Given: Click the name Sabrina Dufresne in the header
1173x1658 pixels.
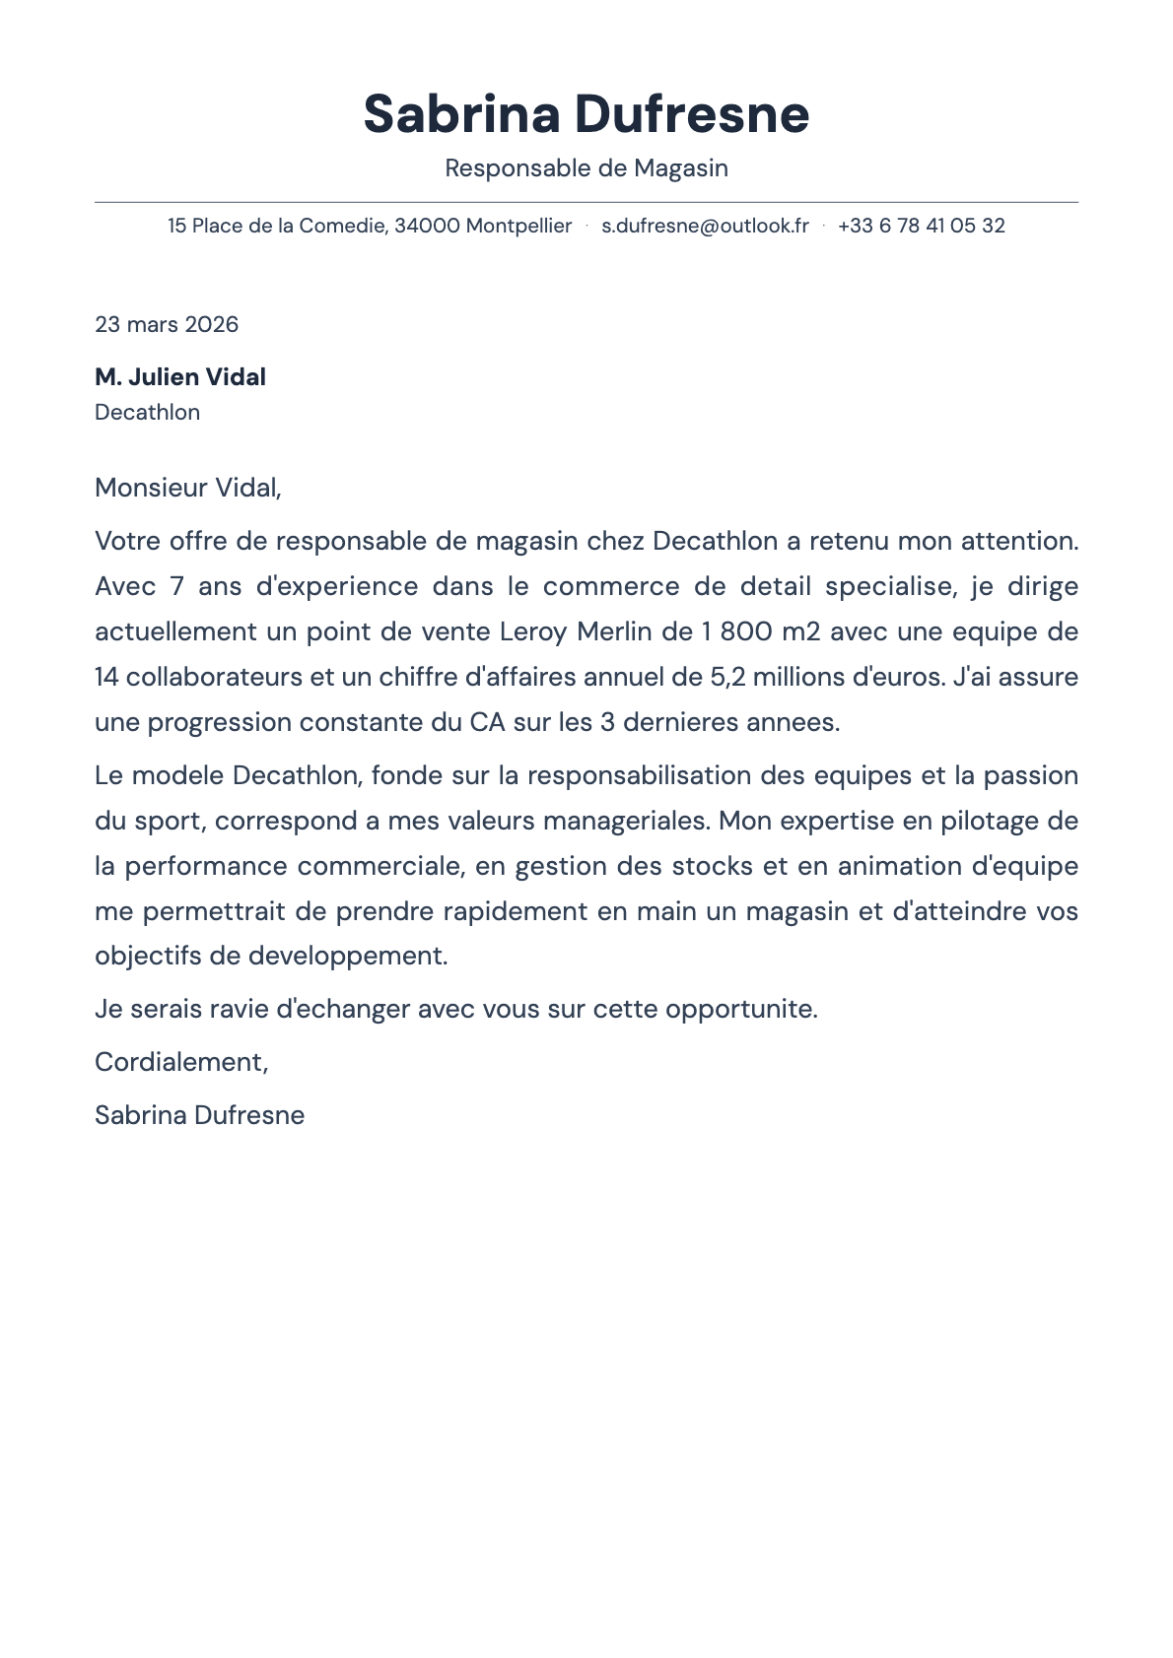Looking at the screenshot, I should click(x=586, y=114).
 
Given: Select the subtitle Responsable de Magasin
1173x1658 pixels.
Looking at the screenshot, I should click(x=586, y=168).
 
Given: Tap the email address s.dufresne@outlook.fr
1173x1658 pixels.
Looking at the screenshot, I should click(x=705, y=226).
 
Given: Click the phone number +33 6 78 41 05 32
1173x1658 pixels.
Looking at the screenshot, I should click(x=921, y=226).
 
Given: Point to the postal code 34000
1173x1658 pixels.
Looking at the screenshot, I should click(x=427, y=226).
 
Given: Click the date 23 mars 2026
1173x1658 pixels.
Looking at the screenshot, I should click(x=167, y=324).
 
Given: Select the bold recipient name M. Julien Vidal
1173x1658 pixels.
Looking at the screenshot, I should click(x=180, y=377).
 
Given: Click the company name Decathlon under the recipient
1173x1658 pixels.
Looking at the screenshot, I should click(x=147, y=413).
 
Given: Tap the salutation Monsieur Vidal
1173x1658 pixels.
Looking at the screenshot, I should click(x=187, y=488).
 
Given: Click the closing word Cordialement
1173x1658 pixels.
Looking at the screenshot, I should click(x=179, y=1062).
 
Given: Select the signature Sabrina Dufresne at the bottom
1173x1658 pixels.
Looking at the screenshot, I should click(x=199, y=1115).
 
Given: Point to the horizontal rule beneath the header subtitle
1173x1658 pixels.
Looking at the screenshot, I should click(x=586, y=202).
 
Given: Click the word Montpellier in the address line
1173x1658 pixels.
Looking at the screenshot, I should click(x=518, y=226).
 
